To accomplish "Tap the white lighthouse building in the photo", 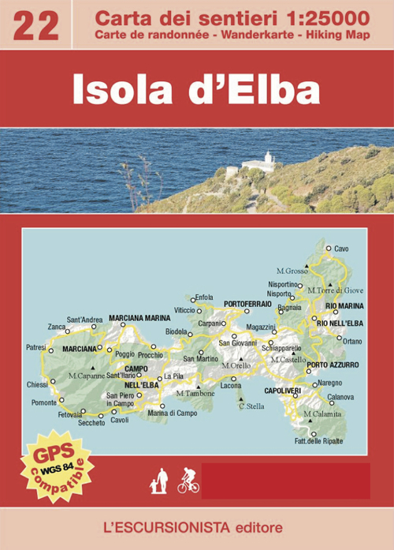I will click(x=257, y=163).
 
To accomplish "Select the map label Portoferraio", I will click(x=247, y=304).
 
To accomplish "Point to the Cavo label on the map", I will click(x=341, y=249).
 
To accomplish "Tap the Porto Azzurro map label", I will click(x=333, y=365).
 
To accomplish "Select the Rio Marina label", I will click(x=344, y=305).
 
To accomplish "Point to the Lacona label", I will click(x=231, y=386).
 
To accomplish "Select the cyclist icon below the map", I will click(x=188, y=481).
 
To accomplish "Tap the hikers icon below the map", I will click(x=160, y=481).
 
